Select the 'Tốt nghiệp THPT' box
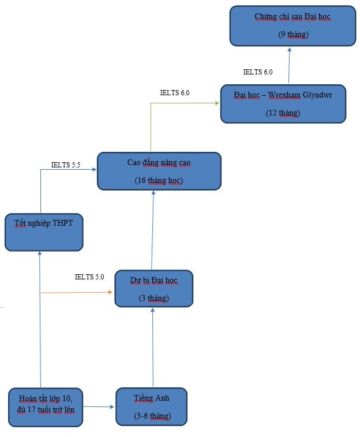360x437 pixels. tap(44, 232)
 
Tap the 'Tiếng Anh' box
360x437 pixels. tap(152, 407)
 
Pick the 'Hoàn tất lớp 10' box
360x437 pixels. tap(46, 407)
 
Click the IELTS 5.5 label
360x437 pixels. tap(65, 165)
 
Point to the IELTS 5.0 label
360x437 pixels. tap(89, 277)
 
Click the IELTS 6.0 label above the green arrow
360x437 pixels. tap(174, 92)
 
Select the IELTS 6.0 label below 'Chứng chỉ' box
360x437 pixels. tap(258, 72)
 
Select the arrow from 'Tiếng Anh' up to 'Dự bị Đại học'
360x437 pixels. tap(152, 346)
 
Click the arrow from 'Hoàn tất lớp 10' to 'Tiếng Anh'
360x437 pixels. tap(99, 407)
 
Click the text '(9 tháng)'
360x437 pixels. tap(292, 35)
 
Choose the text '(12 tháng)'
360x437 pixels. tap(283, 113)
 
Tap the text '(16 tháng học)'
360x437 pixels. tap(159, 180)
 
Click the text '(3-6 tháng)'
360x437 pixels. tap(151, 416)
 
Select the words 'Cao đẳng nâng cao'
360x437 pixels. tap(159, 162)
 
